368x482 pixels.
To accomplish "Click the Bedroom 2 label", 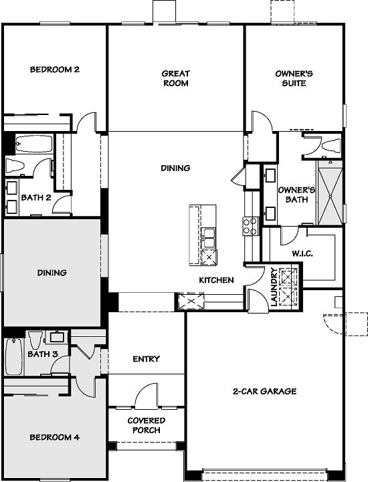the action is [55, 70].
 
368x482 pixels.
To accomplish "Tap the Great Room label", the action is [176, 78].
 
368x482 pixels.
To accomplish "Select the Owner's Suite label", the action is [294, 78].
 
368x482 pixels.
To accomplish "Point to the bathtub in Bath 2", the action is [34, 144].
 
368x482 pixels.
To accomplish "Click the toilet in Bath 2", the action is [15, 166].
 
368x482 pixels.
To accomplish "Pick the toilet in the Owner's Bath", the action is [331, 145].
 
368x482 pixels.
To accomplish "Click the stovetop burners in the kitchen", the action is [250, 226].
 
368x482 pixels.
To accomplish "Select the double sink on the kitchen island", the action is [209, 237].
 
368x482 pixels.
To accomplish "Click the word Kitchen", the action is [216, 280].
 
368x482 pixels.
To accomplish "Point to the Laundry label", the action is [274, 287].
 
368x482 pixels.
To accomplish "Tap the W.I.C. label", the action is [302, 253].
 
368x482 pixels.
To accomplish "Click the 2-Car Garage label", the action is [264, 391].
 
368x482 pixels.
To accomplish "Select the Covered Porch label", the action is [147, 425].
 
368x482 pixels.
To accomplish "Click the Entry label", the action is [146, 359].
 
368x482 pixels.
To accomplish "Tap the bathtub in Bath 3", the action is [14, 356].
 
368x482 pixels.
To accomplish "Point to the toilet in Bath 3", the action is [35, 340].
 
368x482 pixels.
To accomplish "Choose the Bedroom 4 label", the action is [55, 437].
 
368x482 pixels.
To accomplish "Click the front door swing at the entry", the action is [147, 396].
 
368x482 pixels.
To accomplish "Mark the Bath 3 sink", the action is [58, 337].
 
